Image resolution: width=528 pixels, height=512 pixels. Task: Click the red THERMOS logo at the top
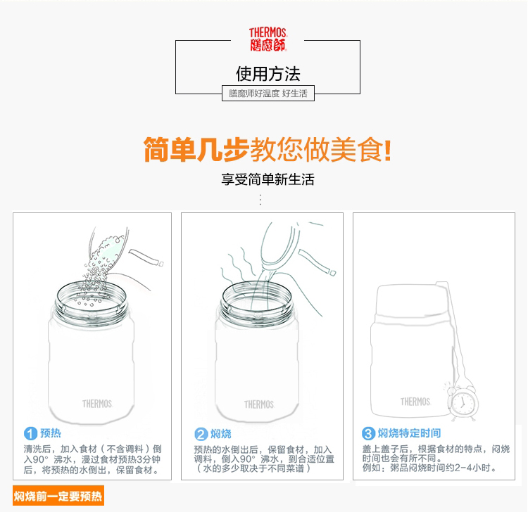[268, 39]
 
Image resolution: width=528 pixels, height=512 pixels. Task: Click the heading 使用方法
[268, 74]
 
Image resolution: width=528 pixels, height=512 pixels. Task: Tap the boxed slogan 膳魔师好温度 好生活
[268, 93]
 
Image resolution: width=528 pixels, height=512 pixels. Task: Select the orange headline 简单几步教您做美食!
[268, 149]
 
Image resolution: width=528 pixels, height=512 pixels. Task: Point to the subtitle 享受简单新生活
[268, 179]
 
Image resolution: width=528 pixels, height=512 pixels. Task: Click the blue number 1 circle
[30, 433]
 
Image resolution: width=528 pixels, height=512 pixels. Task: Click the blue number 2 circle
[201, 434]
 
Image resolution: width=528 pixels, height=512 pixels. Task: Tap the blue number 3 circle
[368, 433]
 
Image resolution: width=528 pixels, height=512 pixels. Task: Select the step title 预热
[51, 433]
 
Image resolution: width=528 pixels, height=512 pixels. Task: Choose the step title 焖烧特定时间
[409, 433]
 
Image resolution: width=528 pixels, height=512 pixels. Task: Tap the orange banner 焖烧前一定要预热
[58, 496]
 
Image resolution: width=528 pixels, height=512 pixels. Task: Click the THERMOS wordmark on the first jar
[97, 404]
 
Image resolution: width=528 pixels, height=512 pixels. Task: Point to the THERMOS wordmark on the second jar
[259, 404]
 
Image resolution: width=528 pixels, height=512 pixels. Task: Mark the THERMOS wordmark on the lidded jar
[415, 402]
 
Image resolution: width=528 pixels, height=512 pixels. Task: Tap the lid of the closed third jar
[412, 300]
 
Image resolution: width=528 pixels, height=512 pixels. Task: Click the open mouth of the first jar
[91, 299]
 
